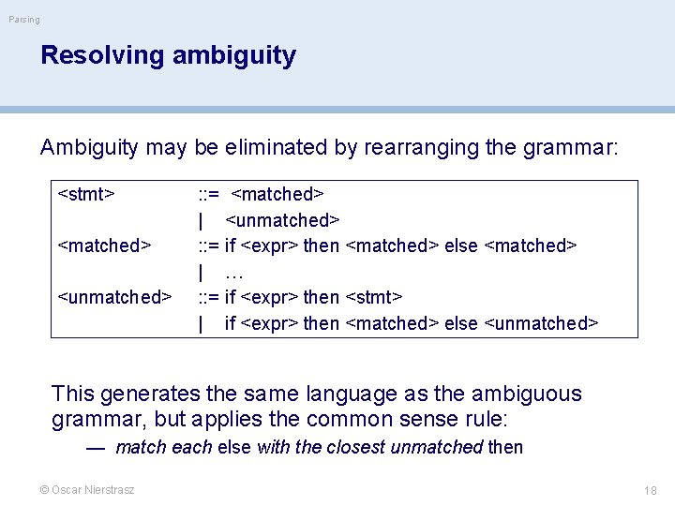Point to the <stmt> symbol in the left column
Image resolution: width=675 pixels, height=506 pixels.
86,195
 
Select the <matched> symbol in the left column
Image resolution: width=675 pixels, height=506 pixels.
104,246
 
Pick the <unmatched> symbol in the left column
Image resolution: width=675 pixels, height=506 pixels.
114,297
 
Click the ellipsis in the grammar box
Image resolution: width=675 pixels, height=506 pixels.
234,273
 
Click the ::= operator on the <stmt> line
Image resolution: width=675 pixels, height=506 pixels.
208,195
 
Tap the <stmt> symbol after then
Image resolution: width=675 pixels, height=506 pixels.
374,297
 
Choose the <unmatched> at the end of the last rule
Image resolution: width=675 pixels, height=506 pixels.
541,323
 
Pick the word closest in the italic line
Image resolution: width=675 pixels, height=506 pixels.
355,448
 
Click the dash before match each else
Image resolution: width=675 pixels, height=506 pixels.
94,448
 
